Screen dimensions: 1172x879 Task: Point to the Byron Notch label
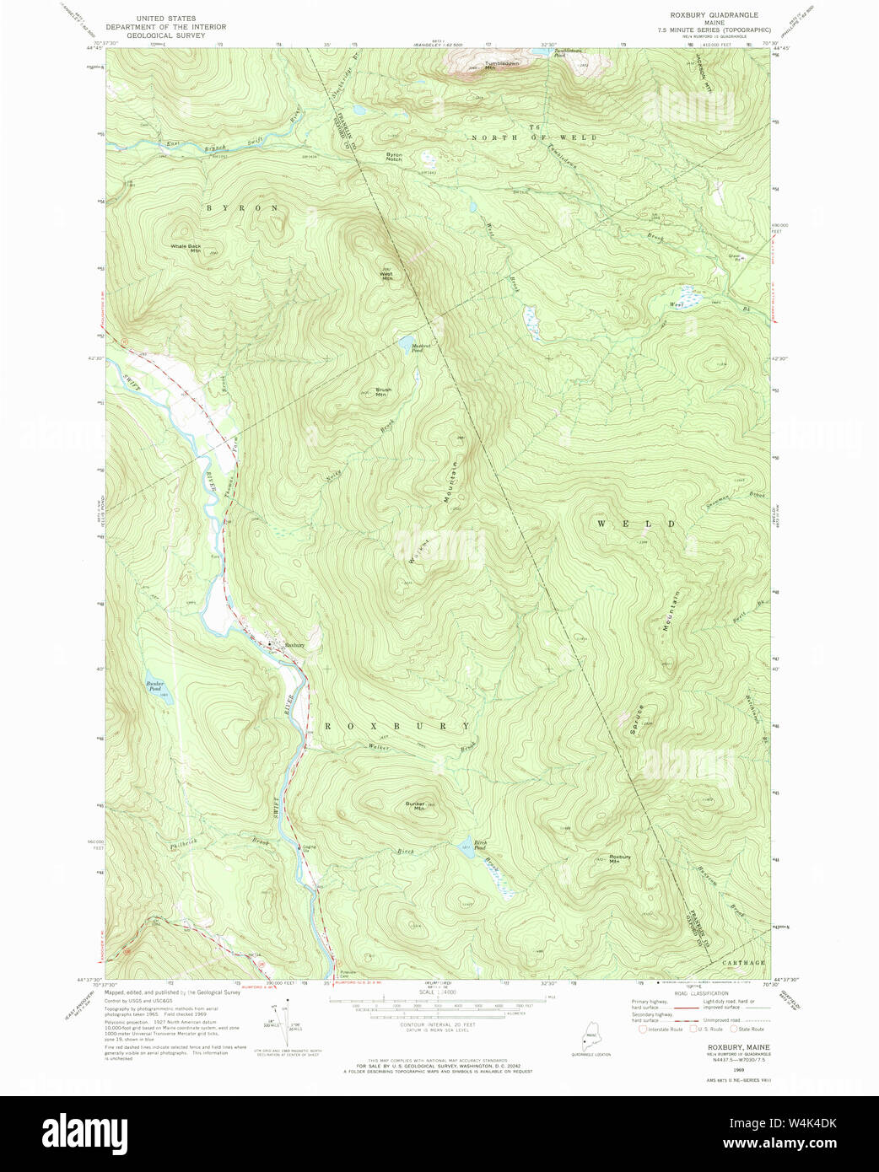click(394, 157)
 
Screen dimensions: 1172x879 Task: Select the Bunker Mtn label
click(414, 806)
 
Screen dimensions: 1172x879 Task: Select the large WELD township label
click(637, 524)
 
